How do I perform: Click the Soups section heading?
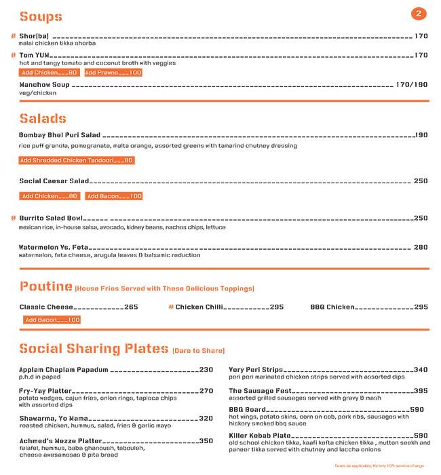41,16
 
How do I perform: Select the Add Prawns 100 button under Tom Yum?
113,73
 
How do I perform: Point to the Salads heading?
43,118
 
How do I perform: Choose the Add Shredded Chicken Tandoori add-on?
76,160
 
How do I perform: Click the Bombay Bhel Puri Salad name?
60,135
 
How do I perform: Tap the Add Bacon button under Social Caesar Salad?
113,196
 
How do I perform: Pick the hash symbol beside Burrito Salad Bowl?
14,218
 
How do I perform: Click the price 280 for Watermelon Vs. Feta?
421,247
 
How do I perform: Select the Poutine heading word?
46,286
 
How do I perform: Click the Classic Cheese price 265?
131,307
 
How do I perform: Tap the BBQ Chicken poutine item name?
332,307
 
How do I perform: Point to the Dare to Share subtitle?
198,350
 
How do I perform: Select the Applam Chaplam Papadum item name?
64,370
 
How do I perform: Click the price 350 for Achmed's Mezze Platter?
206,440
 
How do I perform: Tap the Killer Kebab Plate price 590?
421,435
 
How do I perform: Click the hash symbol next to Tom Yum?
14,55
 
